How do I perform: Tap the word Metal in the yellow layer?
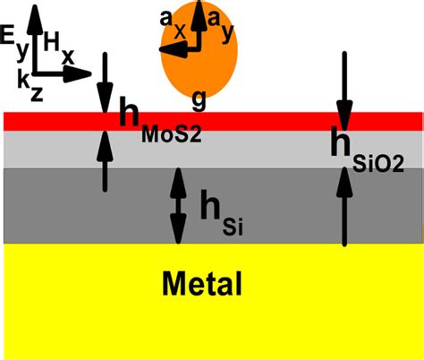(201, 284)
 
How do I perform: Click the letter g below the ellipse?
(199, 99)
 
